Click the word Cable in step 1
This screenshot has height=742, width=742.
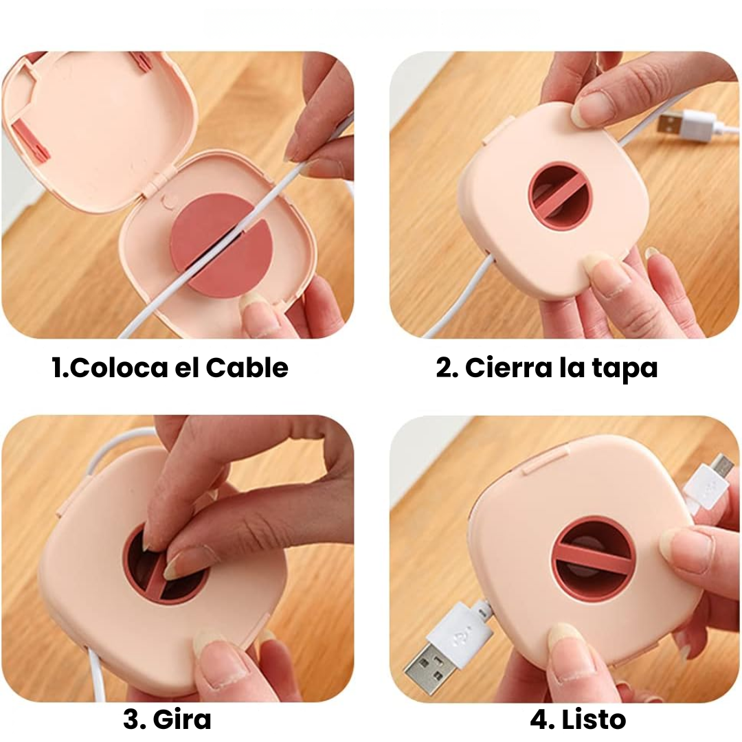pyautogui.click(x=247, y=368)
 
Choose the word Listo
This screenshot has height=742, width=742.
pyautogui.click(x=594, y=719)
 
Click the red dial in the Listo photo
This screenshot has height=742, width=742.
pyautogui.click(x=594, y=556)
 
